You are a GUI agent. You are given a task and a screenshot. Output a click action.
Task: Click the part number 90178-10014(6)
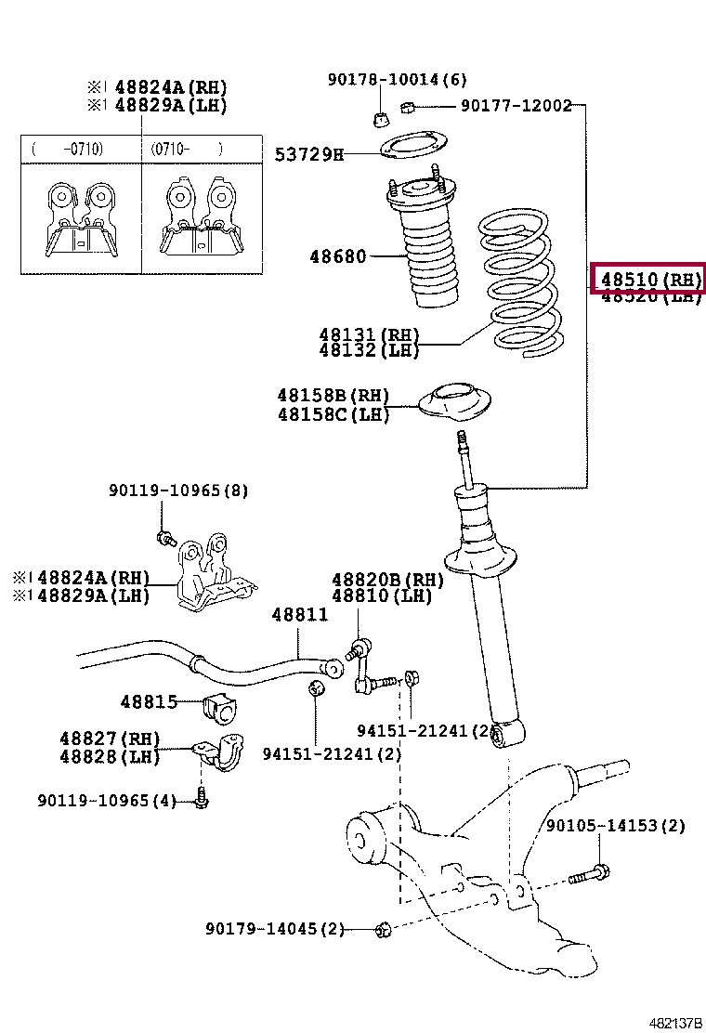coord(397,80)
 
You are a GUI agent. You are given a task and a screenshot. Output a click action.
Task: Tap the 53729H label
coord(308,154)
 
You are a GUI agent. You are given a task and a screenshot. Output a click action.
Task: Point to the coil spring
coord(518,283)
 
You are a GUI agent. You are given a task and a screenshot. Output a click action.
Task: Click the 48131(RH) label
coord(369,334)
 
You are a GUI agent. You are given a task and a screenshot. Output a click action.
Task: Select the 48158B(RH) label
coord(333,397)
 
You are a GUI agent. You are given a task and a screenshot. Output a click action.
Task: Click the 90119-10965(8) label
coord(178,490)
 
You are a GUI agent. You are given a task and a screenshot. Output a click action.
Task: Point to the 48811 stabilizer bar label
coord(299,614)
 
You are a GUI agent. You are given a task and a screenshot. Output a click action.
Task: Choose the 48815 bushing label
coord(149,701)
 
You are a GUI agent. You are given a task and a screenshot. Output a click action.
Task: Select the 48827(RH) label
coord(110,739)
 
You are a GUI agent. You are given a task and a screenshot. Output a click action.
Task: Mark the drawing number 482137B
coord(674,1023)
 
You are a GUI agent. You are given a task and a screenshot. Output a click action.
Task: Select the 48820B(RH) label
coord(387,580)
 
